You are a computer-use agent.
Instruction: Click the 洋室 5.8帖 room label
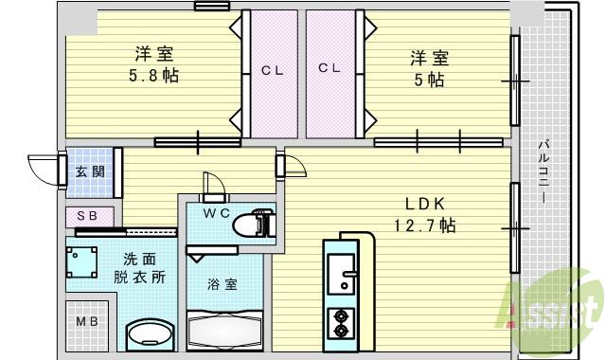tap(153, 63)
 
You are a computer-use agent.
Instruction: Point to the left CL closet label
tap(273, 68)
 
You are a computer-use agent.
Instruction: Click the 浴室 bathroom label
tap(223, 283)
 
